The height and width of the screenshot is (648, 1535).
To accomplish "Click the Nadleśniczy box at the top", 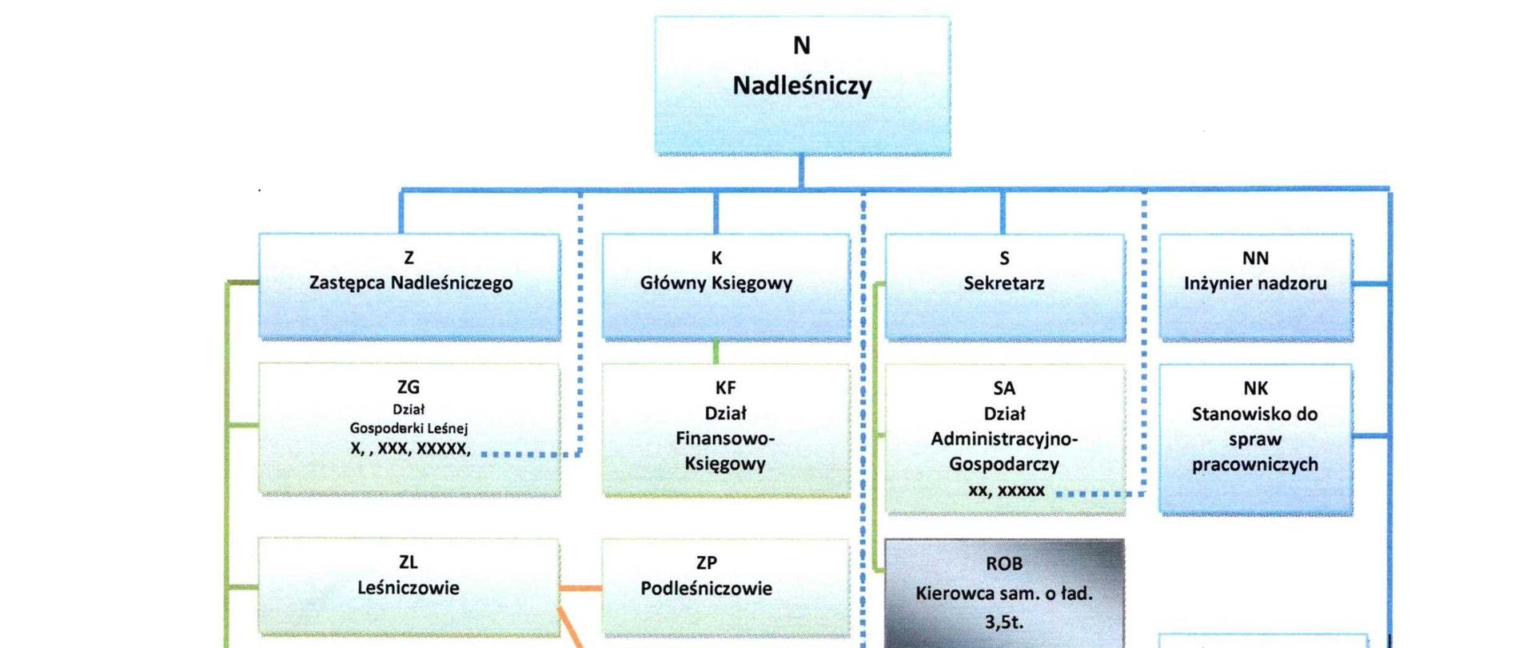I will [802, 86].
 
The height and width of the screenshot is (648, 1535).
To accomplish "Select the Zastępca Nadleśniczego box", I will [409, 286].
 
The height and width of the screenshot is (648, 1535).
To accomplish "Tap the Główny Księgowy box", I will [725, 286].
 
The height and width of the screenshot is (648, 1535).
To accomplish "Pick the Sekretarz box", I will [1004, 286].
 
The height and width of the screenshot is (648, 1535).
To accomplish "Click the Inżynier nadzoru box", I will [1255, 286].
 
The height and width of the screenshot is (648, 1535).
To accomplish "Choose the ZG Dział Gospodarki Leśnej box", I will [409, 429].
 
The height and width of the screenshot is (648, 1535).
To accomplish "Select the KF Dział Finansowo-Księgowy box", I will [725, 430].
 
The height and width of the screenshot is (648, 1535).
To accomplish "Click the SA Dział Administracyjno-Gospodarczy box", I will [1004, 438].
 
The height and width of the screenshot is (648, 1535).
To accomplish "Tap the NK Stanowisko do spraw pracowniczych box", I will [1255, 438].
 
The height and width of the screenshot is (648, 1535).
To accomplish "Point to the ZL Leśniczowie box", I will [409, 586].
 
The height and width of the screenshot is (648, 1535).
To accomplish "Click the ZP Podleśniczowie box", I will [725, 586].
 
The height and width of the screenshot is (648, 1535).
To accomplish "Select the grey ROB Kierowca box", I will [1004, 594].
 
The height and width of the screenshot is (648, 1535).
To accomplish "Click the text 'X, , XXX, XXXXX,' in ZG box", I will [409, 449].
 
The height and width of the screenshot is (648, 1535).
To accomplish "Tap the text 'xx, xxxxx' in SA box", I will [1006, 490].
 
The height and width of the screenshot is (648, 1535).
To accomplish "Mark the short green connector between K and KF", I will [716, 351].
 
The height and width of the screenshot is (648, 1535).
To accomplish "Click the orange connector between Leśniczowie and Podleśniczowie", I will [580, 588].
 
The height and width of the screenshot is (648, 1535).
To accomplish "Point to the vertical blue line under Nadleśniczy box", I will [801, 171].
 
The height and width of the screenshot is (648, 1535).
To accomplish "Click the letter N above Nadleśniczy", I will [802, 46].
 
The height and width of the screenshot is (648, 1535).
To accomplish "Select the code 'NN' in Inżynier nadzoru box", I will [1255, 258].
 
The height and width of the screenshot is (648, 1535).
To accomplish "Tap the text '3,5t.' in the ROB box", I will [1003, 622].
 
